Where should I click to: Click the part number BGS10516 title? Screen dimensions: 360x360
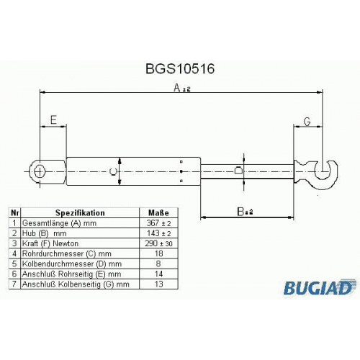pos(180,69)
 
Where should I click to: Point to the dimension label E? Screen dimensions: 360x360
pos(53,120)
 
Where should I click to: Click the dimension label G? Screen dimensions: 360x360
pos(307,122)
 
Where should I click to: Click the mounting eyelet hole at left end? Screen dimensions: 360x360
pos(39,171)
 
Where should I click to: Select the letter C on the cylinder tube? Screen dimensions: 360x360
pos(113,171)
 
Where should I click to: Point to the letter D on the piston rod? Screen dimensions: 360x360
pos(238,171)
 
